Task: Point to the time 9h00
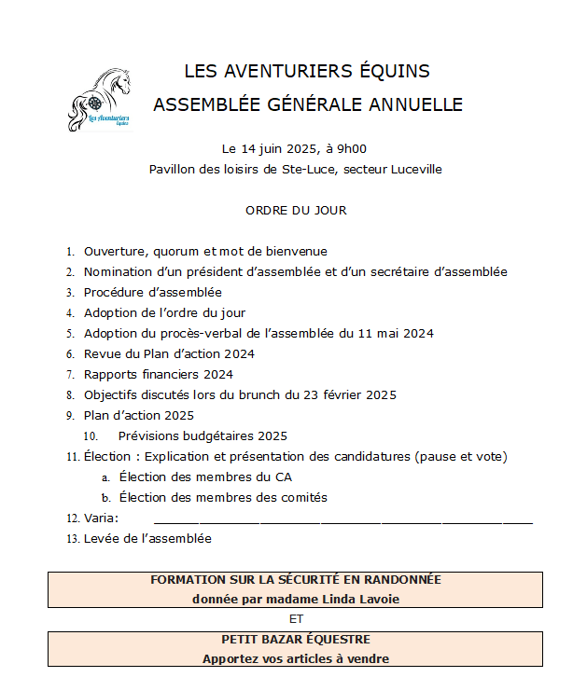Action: [x=352, y=148]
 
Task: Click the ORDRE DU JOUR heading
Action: [x=296, y=210]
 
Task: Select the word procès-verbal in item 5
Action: [x=223, y=333]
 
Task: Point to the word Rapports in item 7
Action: [x=110, y=374]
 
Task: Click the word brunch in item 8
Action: [x=267, y=394]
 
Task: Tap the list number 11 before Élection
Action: [x=72, y=457]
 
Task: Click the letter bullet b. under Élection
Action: [x=106, y=498]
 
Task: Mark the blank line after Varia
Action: [x=342, y=518]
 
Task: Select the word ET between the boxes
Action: [x=295, y=618]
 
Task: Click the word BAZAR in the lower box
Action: [x=285, y=639]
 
